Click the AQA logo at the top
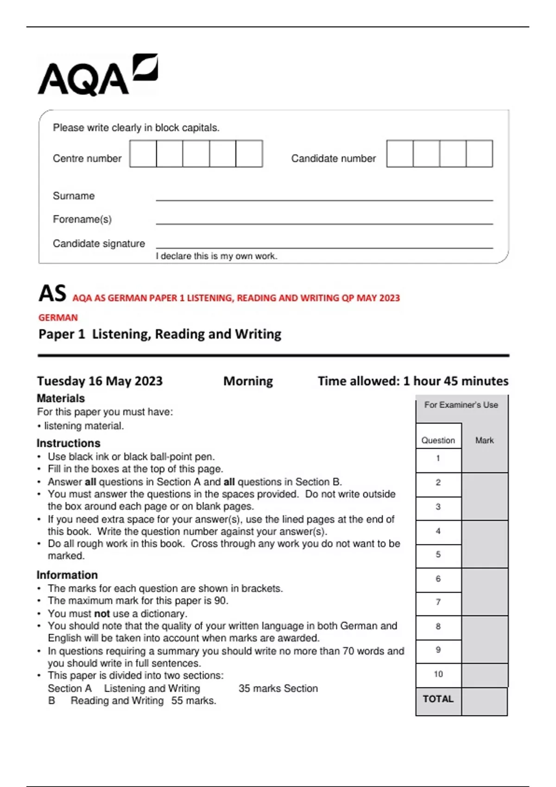(x=97, y=75)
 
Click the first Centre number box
(x=143, y=154)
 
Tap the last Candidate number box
(x=479, y=154)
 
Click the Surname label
(x=74, y=196)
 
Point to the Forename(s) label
(x=82, y=219)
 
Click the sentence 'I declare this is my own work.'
(x=216, y=256)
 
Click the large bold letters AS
(x=52, y=294)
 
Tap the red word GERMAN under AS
(x=58, y=318)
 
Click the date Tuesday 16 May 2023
(x=100, y=381)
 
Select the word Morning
(x=248, y=381)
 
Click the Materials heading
(x=61, y=398)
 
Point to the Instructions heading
(x=68, y=443)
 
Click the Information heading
(x=67, y=575)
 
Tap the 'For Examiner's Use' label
(x=461, y=405)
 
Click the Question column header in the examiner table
(x=438, y=440)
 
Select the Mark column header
(x=484, y=440)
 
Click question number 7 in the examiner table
(x=438, y=602)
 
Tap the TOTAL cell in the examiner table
(x=438, y=699)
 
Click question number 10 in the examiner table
(x=438, y=674)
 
